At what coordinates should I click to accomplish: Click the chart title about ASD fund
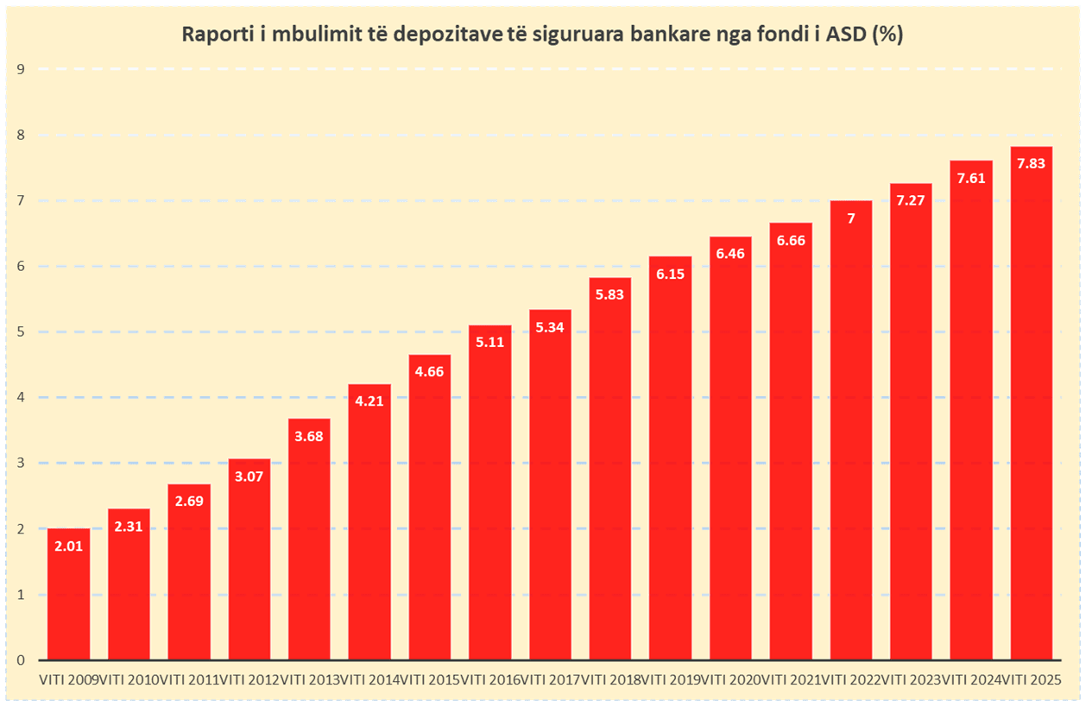[541, 35]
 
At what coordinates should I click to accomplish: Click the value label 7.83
[1032, 163]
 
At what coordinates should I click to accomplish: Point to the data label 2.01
[68, 546]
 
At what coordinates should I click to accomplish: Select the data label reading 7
[850, 218]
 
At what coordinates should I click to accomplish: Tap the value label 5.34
[550, 326]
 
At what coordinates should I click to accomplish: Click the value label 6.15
[670, 274]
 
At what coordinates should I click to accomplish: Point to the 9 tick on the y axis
[20, 69]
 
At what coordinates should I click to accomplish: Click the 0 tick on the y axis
[20, 660]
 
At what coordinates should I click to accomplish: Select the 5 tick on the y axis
[20, 332]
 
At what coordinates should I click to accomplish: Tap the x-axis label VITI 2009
[68, 679]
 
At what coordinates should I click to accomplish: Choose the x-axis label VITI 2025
[1032, 679]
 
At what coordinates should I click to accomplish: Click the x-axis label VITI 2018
[610, 679]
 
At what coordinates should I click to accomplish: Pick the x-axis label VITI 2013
[309, 679]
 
